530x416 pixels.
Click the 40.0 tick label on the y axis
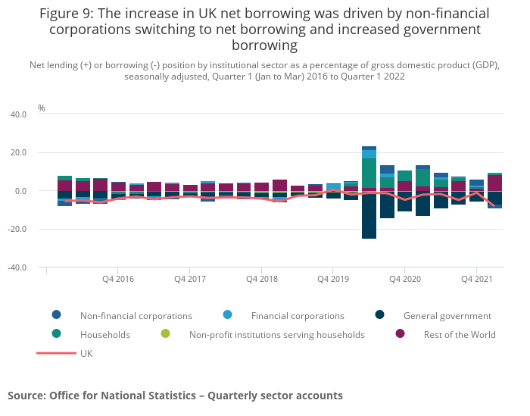17,114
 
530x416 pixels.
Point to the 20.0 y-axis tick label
17,153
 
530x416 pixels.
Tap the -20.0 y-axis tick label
17,230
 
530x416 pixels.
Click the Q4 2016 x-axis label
118,279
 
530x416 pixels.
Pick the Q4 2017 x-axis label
190,279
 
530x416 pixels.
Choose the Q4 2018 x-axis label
262,279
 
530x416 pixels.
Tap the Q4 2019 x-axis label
333,279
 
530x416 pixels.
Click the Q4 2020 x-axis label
405,279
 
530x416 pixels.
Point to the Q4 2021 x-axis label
477,279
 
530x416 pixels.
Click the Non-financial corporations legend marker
57,315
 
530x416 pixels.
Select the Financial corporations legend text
298,316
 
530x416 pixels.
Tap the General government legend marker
379,315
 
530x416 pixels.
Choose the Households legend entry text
105,335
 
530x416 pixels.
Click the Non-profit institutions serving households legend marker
165,334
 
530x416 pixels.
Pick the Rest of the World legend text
460,335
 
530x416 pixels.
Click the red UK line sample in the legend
56,353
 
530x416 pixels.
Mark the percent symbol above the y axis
42,108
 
